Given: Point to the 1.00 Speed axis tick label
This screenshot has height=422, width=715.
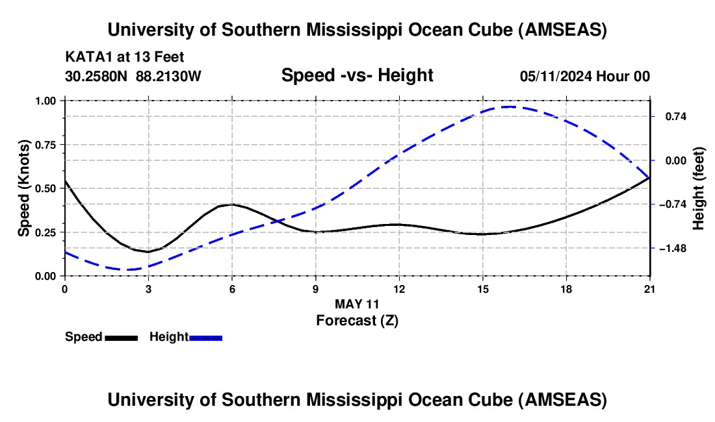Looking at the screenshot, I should tap(47, 101).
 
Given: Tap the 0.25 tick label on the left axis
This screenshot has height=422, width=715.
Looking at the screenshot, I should tap(47, 232).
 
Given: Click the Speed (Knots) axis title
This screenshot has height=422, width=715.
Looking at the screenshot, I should tap(23, 188).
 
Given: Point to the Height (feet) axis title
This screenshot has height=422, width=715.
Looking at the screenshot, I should tap(699, 188).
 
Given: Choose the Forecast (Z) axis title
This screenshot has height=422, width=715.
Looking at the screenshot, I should tap(356, 320).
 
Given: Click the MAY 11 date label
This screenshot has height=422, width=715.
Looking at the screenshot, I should tap(356, 304).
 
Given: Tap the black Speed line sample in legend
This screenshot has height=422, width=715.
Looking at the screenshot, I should tap(121, 337).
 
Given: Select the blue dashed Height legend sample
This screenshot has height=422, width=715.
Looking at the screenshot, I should tap(206, 337).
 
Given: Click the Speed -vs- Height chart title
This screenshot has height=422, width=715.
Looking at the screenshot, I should tap(357, 75).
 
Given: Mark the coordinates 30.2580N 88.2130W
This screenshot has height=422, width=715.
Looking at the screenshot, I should tap(133, 76).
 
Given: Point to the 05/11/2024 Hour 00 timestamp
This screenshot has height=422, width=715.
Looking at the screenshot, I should tap(584, 76).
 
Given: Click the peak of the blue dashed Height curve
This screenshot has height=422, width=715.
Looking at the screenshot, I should tap(510, 106).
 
